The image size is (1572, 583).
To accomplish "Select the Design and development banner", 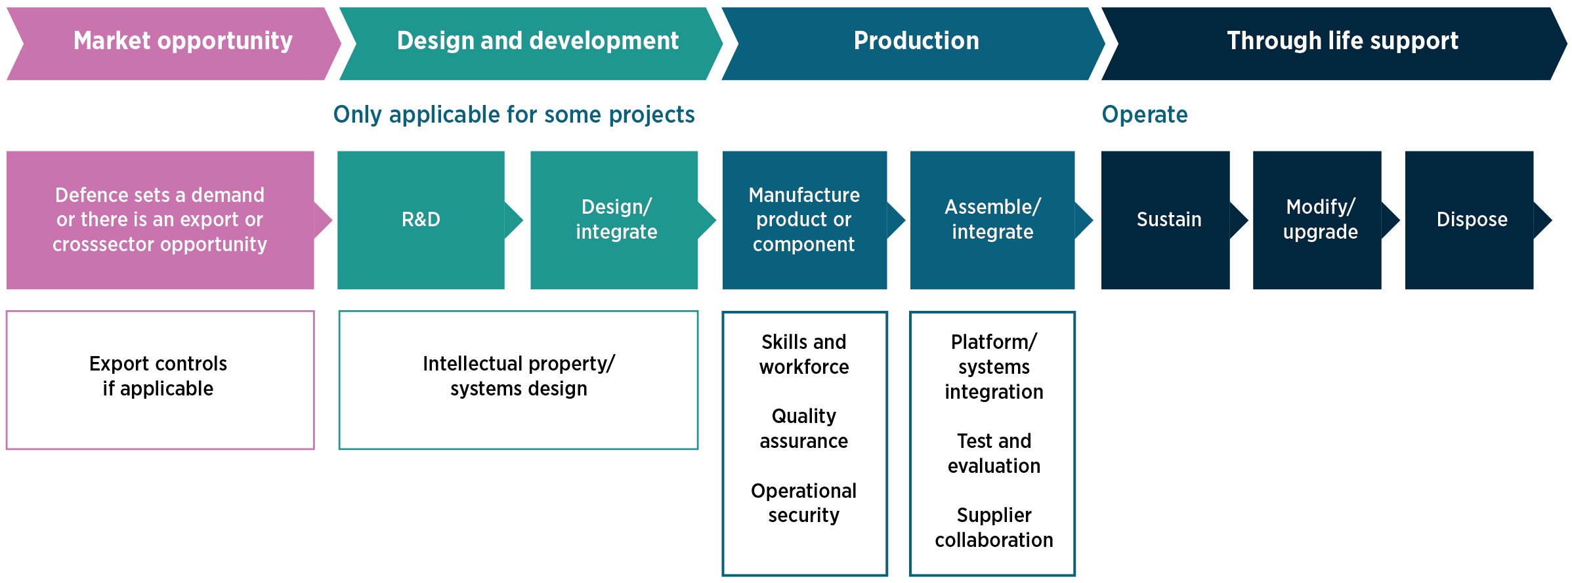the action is coord(531,44).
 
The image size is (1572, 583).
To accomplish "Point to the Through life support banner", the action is coord(1334,44).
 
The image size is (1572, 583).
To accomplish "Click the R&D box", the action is coord(421,220).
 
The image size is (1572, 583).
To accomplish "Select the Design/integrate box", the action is coord(614,220).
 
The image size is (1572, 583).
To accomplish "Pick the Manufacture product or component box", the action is coord(805,220).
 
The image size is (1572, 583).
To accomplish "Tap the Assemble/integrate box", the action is coord(992,220).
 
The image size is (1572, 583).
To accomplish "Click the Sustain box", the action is coord(1166,220).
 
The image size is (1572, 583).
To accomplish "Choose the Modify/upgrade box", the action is coord(1317,220).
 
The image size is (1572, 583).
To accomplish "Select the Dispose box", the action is coord(1470,220).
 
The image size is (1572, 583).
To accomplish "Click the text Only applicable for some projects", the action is coord(514,115).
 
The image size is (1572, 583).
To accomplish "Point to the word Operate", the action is coord(1145,115).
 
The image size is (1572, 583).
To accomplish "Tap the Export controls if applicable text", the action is coord(158,376).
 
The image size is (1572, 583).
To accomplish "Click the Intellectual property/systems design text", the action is coord(519,376).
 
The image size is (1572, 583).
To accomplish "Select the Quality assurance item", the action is coord(804,428).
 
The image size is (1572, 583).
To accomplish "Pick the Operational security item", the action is coord(804,503).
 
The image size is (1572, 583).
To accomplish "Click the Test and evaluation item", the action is coord(994,453).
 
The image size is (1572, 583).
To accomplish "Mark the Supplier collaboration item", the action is coord(994,527).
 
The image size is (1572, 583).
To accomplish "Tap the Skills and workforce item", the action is coord(804,354).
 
